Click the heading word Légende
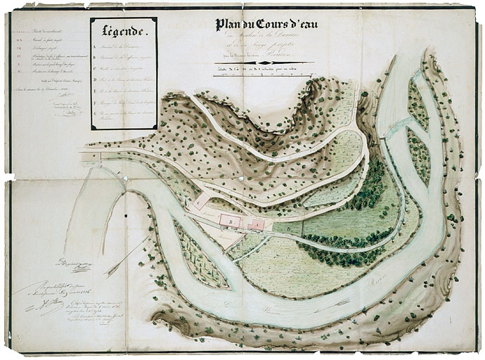click(x=124, y=31)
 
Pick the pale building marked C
click(x=202, y=201)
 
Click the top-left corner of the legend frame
click(x=91, y=19)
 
